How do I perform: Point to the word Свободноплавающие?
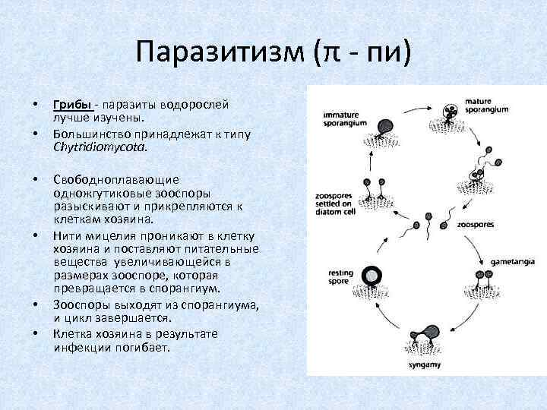point(115,179)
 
